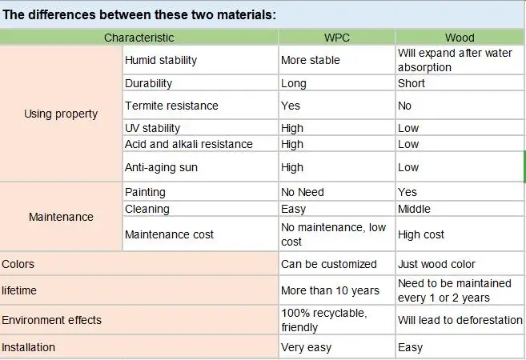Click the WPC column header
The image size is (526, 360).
click(x=336, y=38)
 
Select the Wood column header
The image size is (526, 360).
click(x=460, y=38)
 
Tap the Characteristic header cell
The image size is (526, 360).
click(x=139, y=38)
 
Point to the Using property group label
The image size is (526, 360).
click(x=61, y=114)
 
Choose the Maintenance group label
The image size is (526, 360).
click(x=61, y=217)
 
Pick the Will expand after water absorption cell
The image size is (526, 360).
click(x=459, y=60)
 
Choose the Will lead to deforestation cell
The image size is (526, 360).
click(x=460, y=320)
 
